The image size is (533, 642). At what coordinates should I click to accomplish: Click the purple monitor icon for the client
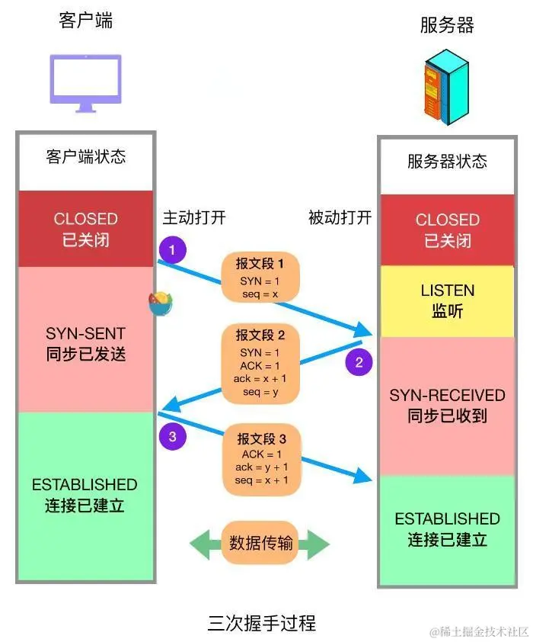tap(85, 82)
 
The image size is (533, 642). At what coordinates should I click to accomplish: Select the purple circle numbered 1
tap(173, 249)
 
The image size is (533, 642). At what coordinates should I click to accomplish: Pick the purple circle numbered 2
tap(359, 361)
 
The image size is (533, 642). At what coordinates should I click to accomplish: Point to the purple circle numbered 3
tap(173, 436)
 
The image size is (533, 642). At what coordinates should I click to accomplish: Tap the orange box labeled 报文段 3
tap(261, 460)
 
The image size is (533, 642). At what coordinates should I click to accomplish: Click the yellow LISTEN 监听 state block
tap(447, 301)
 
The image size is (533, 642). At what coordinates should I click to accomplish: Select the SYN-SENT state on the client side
tap(85, 344)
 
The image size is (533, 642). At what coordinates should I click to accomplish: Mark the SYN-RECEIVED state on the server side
tap(447, 406)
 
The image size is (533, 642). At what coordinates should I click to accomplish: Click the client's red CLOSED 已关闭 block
tap(85, 229)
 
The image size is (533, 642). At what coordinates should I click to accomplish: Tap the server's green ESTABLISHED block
tap(447, 530)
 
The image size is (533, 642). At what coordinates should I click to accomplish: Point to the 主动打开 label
tap(194, 218)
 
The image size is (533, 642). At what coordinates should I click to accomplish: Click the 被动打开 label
tap(340, 217)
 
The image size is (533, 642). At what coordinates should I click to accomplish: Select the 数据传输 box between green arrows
tap(260, 544)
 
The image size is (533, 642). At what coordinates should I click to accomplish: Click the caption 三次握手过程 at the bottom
tap(261, 623)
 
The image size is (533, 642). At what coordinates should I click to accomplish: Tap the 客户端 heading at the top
tap(85, 21)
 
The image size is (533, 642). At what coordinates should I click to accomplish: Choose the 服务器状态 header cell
tap(447, 161)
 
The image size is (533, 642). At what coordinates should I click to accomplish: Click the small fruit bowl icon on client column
tap(160, 303)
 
